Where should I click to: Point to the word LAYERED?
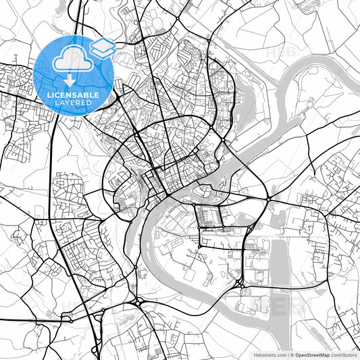pos(74,104)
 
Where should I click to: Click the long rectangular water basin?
pos(278,259)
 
